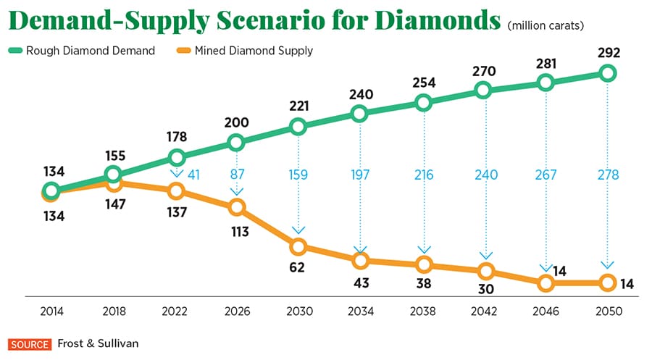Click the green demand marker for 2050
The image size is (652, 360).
tap(607, 73)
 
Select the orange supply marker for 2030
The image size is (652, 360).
tap(298, 246)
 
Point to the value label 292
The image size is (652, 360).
tap(607, 52)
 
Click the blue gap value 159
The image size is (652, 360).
tap(298, 175)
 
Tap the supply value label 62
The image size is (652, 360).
tap(297, 267)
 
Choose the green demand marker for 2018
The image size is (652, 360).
tap(112, 174)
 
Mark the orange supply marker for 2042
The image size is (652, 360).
tap(485, 272)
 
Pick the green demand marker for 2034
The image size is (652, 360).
tap(360, 114)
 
